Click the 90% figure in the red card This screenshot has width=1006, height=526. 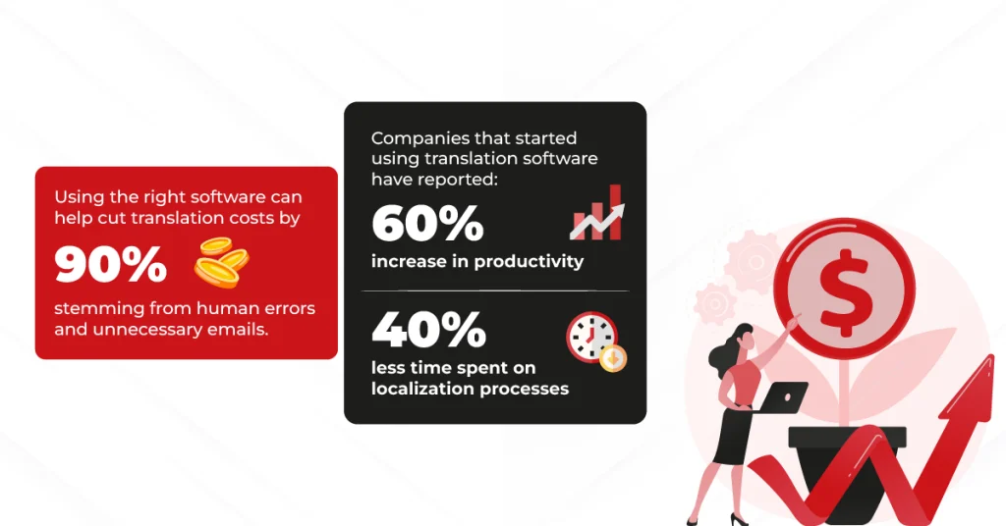[110, 265]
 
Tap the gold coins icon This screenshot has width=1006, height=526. [221, 262]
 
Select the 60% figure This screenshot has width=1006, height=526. [427, 223]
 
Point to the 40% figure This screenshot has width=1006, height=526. [428, 330]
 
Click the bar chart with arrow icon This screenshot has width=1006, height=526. [596, 213]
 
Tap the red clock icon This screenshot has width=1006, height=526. [591, 337]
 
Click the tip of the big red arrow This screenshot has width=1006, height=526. [992, 355]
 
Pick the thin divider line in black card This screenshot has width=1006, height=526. [495, 290]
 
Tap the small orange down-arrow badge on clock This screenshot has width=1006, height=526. [613, 358]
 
